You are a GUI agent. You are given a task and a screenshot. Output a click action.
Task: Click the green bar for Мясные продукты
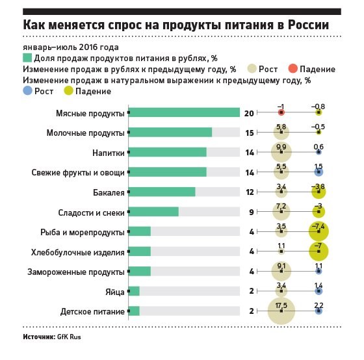point(184,112)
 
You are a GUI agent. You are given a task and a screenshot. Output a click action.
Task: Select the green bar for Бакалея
point(162,192)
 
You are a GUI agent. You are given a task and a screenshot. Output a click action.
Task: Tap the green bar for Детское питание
point(134,311)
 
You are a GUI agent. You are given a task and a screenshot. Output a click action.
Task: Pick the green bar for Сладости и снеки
point(153,211)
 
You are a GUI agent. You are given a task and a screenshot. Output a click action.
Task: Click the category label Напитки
point(109,153)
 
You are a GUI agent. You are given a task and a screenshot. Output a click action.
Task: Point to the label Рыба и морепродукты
point(83,233)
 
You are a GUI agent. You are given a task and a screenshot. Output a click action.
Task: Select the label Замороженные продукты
point(76,272)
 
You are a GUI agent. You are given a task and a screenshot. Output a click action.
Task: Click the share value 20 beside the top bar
point(249,113)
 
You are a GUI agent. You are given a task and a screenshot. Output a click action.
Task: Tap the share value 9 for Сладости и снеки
point(252,212)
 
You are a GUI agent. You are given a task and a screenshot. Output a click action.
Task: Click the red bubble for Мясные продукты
point(281,112)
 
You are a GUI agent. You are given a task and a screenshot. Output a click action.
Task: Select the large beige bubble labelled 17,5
point(281,311)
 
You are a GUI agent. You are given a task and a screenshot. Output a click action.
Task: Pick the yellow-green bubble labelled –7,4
point(318,231)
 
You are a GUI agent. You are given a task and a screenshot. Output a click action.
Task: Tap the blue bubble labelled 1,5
point(318,172)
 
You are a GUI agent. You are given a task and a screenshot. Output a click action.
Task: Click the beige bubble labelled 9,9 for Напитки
point(281,152)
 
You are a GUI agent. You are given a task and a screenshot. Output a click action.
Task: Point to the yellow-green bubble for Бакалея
point(318,192)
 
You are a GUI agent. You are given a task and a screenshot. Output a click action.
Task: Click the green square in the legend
point(27,58)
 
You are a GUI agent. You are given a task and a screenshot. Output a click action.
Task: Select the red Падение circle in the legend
point(292,69)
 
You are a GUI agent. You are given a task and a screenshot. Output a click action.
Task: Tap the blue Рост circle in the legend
point(27,90)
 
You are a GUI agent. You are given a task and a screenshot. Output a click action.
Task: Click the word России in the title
point(308,25)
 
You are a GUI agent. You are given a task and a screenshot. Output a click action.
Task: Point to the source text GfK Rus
point(69,337)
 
